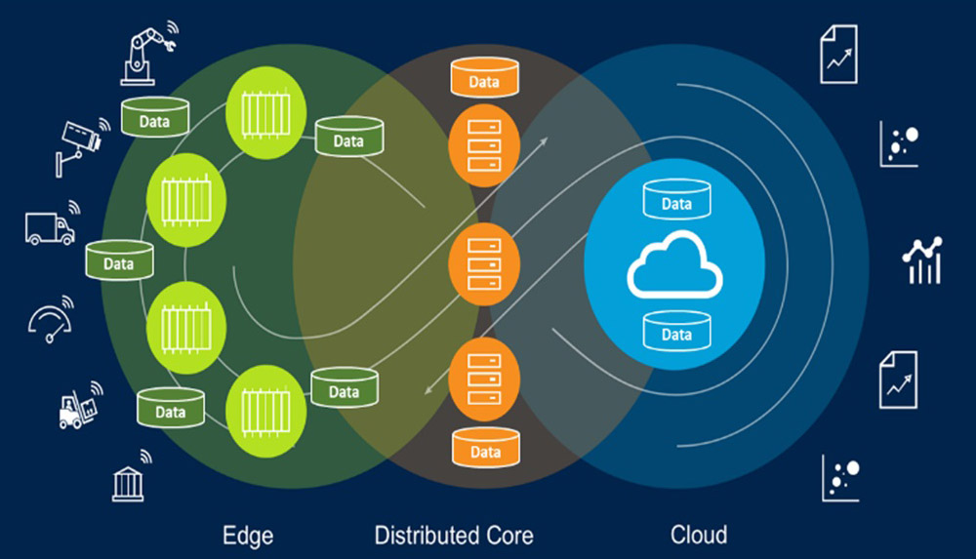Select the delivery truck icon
tap(50, 227)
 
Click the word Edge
tap(248, 535)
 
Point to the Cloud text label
tap(699, 535)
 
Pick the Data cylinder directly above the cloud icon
tap(676, 201)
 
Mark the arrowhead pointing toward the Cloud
tap(543, 140)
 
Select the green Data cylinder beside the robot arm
tap(154, 118)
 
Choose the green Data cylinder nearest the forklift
tap(170, 408)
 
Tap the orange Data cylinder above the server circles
tap(484, 79)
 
